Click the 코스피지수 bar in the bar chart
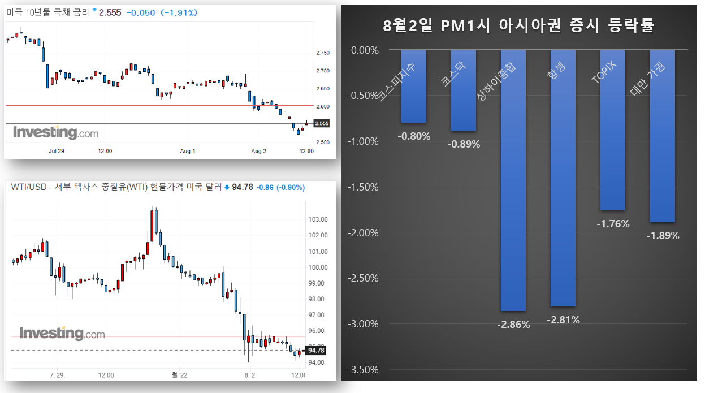click(x=413, y=86)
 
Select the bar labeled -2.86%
click(x=513, y=181)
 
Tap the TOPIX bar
click(x=613, y=130)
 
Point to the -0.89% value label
click(x=464, y=144)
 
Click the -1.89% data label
click(x=663, y=236)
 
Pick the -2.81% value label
click(x=563, y=320)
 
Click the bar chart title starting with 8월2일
click(x=518, y=25)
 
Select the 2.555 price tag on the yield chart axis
click(x=321, y=123)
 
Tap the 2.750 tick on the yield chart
click(x=323, y=53)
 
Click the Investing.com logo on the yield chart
click(x=55, y=133)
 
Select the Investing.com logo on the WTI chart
click(x=62, y=334)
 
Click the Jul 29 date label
click(x=57, y=151)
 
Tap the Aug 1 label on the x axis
click(x=187, y=151)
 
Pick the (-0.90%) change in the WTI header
click(x=290, y=187)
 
